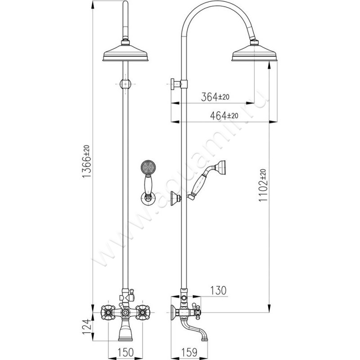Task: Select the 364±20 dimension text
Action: (x=216, y=97)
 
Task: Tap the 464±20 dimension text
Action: (x=224, y=115)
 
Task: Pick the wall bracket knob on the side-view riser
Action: (x=173, y=84)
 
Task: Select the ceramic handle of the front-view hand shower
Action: (x=147, y=184)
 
